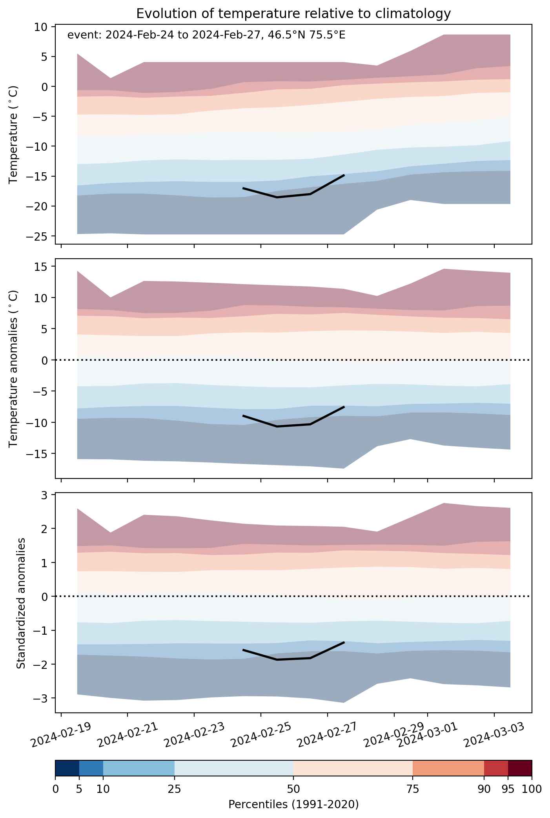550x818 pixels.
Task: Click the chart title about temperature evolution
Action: click(x=293, y=14)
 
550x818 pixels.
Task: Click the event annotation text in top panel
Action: click(x=206, y=35)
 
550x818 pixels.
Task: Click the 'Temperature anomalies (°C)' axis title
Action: click(x=14, y=368)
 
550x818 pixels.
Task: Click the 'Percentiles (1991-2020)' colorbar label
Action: click(x=293, y=805)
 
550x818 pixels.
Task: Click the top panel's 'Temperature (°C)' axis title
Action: click(x=14, y=135)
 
